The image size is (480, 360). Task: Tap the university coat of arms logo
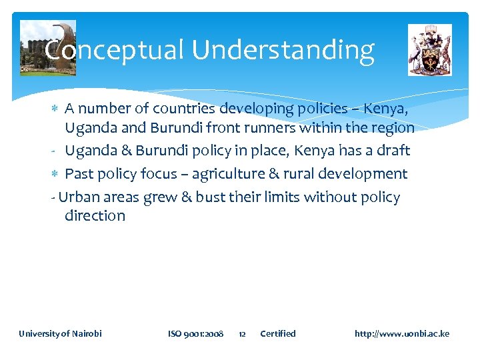[x=429, y=50]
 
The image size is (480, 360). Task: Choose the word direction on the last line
[x=95, y=216]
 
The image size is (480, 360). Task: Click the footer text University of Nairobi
[x=60, y=333]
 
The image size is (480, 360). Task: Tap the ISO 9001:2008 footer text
[x=195, y=333]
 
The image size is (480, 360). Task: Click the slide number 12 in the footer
[x=242, y=333]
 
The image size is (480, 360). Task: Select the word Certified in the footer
[x=277, y=333]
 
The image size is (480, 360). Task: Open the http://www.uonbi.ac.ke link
[x=401, y=333]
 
